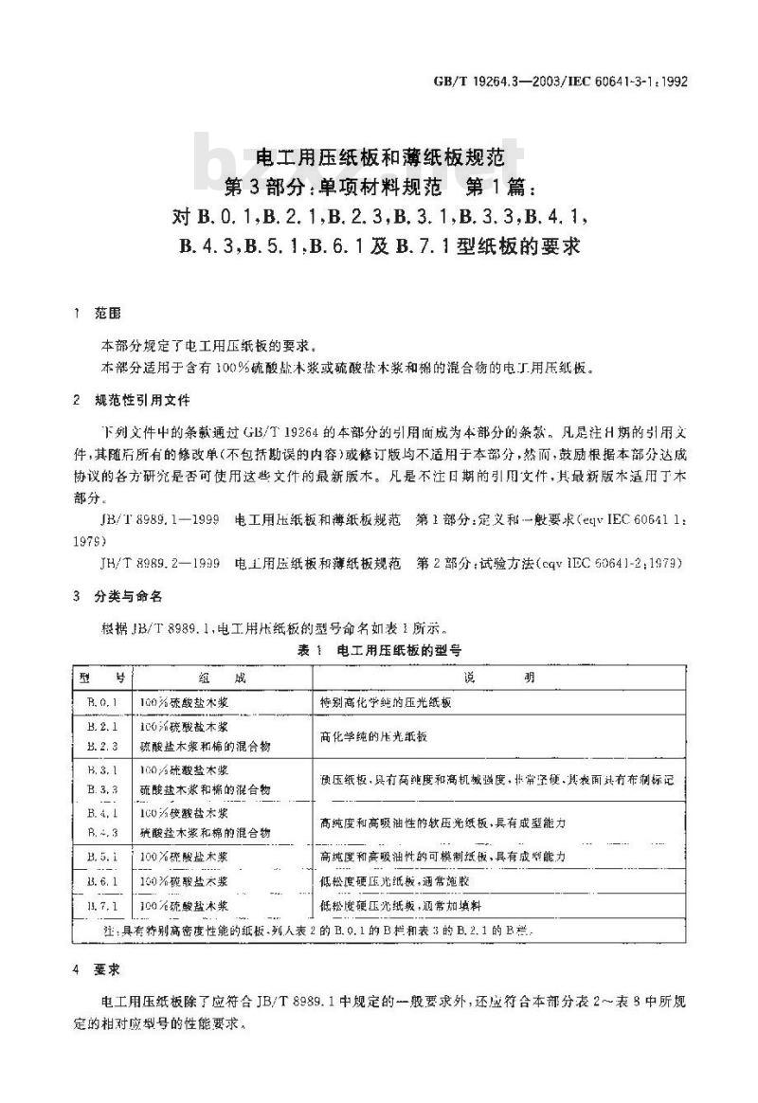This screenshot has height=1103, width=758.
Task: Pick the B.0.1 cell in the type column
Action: pyautogui.click(x=103, y=702)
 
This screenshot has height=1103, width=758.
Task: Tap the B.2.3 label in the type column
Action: pyautogui.click(x=103, y=746)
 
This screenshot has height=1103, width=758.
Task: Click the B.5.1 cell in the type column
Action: pyautogui.click(x=103, y=856)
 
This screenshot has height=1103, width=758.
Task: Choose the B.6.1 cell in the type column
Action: pyautogui.click(x=103, y=881)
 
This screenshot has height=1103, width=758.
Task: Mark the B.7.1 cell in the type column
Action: pyautogui.click(x=103, y=907)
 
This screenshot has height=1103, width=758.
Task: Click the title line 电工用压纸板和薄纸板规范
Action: pyautogui.click(x=379, y=149)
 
